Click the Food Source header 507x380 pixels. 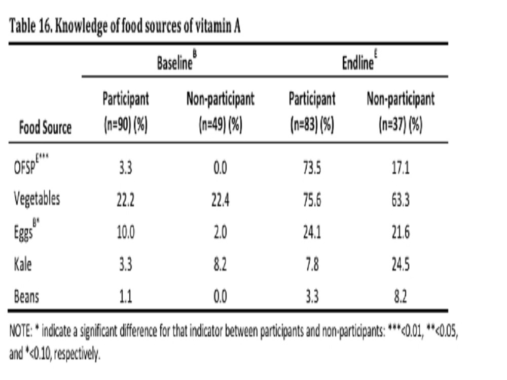coord(45,127)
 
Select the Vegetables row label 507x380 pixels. coord(37,199)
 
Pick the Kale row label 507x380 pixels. coord(23,264)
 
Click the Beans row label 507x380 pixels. coord(26,296)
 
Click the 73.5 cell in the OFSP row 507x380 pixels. coord(312,168)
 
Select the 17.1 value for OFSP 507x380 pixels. coord(401,168)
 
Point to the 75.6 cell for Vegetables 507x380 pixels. coord(312,200)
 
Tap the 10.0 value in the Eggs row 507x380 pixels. coord(125,233)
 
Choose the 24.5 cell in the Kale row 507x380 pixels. coord(401,264)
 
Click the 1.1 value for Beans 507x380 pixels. coord(125,296)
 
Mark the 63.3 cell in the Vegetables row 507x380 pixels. coord(401,200)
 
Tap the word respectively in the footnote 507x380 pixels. coord(77,355)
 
